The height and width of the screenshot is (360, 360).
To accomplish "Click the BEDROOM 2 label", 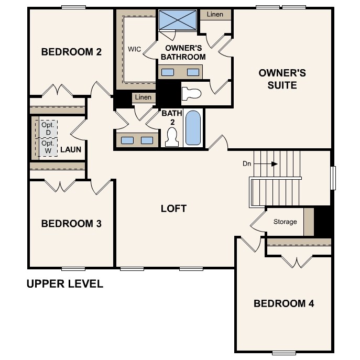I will click(71, 52).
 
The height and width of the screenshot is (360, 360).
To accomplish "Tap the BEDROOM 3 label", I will click(71, 224).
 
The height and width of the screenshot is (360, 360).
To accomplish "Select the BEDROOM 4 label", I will click(283, 303).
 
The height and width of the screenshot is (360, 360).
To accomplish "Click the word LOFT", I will click(173, 209).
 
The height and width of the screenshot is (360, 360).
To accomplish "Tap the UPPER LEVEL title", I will click(65, 285).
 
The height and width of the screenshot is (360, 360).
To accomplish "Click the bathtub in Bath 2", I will click(193, 128).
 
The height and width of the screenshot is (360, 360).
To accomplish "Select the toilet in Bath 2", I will click(171, 137).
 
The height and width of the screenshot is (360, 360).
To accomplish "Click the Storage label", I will click(285, 222).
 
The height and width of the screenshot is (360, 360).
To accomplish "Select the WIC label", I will click(134, 50).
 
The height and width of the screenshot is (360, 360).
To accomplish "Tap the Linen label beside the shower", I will click(214, 14).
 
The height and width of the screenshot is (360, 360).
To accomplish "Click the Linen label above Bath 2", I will click(143, 97).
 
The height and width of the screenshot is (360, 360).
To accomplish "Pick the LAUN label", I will click(70, 149).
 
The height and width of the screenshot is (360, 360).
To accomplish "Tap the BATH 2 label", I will click(168, 117).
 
